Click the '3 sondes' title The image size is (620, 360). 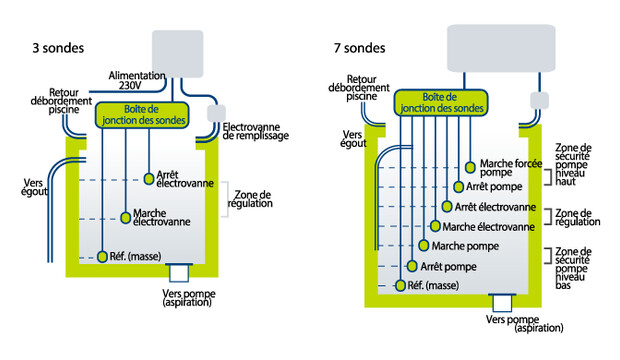(x=58, y=48)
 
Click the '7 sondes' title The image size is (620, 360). (x=359, y=48)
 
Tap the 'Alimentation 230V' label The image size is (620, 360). (x=136, y=80)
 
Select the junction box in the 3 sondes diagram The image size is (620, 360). (x=142, y=115)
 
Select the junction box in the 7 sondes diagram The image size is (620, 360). (x=441, y=103)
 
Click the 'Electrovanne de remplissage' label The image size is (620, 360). (x=255, y=131)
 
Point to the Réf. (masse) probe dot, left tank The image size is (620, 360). (x=102, y=256)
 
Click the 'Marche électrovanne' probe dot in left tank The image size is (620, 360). (x=126, y=218)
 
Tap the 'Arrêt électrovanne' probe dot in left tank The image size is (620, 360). (x=149, y=179)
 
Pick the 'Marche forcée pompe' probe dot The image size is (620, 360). (x=470, y=167)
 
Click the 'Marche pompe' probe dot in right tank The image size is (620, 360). (x=423, y=246)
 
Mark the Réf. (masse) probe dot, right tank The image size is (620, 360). (x=401, y=285)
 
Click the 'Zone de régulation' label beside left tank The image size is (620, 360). (x=250, y=199)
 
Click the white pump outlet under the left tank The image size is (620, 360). (x=179, y=273)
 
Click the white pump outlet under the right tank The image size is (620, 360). (x=502, y=303)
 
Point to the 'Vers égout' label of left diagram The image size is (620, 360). (x=34, y=188)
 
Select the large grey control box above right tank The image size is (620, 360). (x=501, y=48)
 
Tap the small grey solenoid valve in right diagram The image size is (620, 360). (x=539, y=100)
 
